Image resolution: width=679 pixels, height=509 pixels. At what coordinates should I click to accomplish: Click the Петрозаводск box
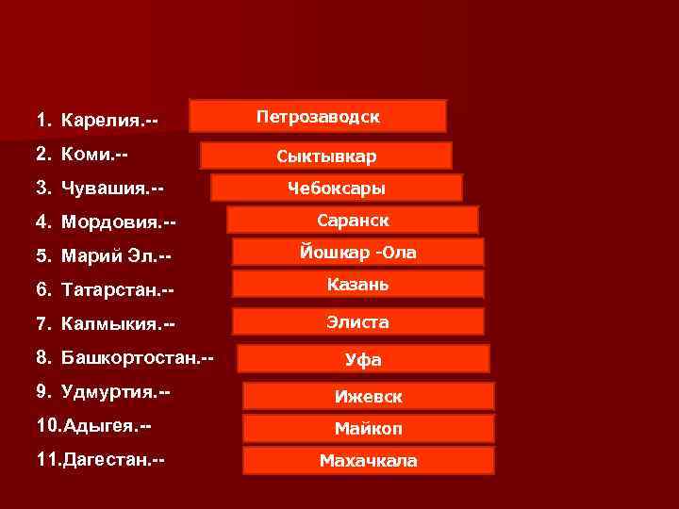[318, 116]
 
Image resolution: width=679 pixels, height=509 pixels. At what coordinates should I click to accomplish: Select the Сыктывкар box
[326, 156]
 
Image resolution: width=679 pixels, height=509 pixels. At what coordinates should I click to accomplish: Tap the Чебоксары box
[337, 188]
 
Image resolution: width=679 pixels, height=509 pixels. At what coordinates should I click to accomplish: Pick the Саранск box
[353, 220]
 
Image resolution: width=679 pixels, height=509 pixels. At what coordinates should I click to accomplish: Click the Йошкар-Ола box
[358, 252]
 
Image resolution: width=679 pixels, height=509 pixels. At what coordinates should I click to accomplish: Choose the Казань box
[358, 284]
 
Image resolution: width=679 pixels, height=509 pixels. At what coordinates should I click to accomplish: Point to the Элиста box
[358, 321]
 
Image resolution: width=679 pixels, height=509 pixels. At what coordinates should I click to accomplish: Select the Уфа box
[363, 359]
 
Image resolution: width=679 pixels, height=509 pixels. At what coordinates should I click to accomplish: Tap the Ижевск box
[369, 397]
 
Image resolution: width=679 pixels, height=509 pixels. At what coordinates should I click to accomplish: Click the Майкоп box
[369, 429]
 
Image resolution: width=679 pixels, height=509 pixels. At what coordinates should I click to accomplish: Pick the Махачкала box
[369, 461]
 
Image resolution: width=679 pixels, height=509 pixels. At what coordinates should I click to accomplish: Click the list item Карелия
[97, 121]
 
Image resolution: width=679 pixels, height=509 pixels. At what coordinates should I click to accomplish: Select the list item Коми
[83, 153]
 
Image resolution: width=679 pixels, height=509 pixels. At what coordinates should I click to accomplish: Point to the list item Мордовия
[107, 222]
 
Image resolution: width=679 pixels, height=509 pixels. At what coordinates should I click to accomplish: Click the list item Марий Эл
[104, 256]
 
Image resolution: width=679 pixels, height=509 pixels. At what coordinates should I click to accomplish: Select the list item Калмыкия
[106, 324]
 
